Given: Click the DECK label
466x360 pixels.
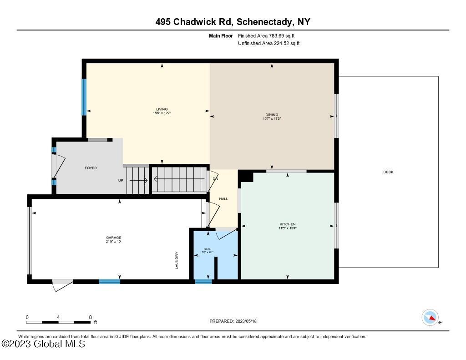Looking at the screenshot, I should (x=388, y=172).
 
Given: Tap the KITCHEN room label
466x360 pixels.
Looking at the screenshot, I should (x=288, y=224).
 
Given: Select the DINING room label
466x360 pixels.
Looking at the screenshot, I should (x=272, y=115).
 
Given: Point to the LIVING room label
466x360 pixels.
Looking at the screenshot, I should (x=162, y=109).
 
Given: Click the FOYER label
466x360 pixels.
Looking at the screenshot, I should (x=91, y=168).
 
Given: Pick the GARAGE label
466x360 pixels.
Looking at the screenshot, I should (x=113, y=238).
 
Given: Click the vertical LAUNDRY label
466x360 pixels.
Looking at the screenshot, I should (x=177, y=260).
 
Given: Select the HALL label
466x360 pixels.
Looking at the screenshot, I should (x=223, y=199).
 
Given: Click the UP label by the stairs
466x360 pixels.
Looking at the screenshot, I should (x=121, y=181).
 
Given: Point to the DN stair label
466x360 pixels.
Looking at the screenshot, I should (x=215, y=178).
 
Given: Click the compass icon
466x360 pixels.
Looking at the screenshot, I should (x=430, y=317).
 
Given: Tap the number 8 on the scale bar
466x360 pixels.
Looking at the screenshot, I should (x=90, y=317).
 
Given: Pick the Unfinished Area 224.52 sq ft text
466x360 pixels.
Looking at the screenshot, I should (x=268, y=44).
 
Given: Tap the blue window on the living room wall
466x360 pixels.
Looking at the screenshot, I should (x=84, y=97).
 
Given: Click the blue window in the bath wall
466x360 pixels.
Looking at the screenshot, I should (x=203, y=282).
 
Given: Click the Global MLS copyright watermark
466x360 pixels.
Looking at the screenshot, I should (x=43, y=344).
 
